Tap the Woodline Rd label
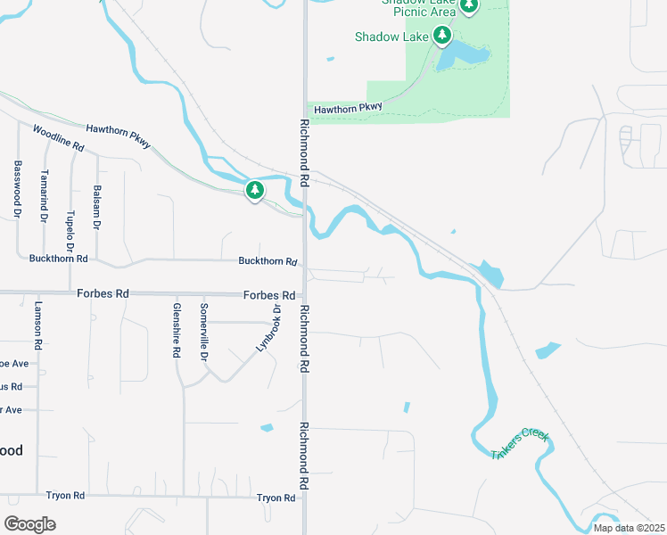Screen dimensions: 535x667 pos(58,137)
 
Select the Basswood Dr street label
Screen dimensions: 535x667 pos(17,189)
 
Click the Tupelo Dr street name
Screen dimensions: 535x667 pos(70,205)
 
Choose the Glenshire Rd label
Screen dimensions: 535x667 pos(177,330)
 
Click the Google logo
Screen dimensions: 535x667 pos(29,523)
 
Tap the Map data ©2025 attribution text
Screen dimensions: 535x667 pos(628,528)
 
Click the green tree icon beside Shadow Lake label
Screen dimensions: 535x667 pos(441,36)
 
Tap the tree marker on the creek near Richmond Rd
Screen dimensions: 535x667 pos(255,191)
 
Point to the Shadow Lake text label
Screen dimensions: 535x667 pos(391,37)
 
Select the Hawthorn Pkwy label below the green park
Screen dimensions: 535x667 pos(347,108)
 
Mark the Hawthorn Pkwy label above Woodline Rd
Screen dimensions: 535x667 pos(119,136)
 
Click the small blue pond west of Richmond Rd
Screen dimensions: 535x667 pos(267,428)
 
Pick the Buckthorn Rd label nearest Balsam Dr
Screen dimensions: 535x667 pos(57,259)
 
